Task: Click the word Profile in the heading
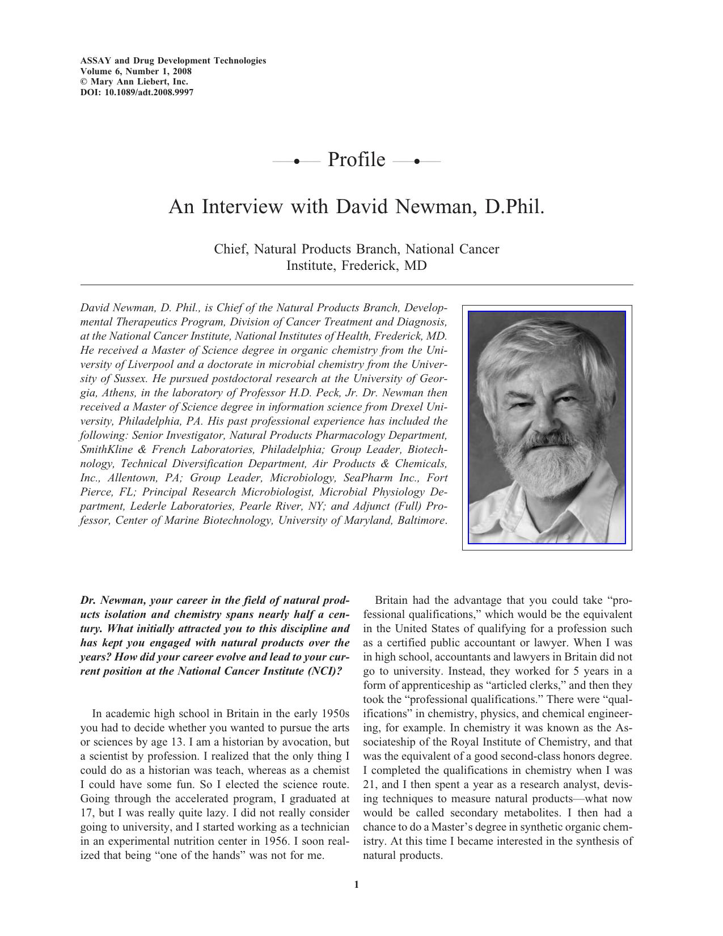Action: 356,160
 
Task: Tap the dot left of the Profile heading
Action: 297,162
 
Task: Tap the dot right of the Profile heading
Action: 417,162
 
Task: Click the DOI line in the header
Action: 137,92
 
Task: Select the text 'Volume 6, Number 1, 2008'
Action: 136,71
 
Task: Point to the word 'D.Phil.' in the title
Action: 514,206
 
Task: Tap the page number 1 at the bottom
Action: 356,884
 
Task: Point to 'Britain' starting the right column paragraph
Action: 392,600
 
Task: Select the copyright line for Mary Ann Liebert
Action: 134,82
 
